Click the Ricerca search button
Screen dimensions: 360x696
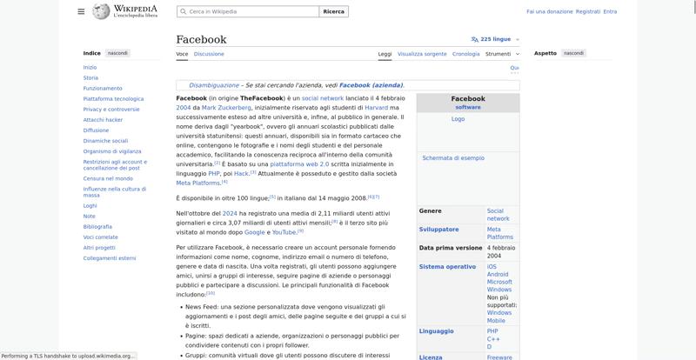[x=333, y=11]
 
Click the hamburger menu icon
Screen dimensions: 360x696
[x=81, y=11]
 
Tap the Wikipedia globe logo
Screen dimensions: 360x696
[x=101, y=11]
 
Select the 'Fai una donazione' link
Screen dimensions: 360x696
[x=550, y=11]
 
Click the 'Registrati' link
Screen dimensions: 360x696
[x=588, y=11]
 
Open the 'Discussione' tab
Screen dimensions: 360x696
[x=209, y=54]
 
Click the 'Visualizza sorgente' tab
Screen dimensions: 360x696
[x=422, y=54]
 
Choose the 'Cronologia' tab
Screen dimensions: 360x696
[x=466, y=54]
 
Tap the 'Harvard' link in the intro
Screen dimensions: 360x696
[x=364, y=108]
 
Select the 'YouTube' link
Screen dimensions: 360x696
[x=284, y=232]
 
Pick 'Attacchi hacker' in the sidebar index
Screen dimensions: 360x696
[x=103, y=119]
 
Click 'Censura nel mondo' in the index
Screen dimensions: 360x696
[x=108, y=178]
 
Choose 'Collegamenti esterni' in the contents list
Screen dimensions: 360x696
[x=110, y=258]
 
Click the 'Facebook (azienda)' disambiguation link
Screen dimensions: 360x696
[x=371, y=85]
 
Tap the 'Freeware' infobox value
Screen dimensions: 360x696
[x=500, y=357]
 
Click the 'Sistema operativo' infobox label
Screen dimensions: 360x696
[x=447, y=267]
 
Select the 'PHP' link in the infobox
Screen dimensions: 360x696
[x=492, y=330]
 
